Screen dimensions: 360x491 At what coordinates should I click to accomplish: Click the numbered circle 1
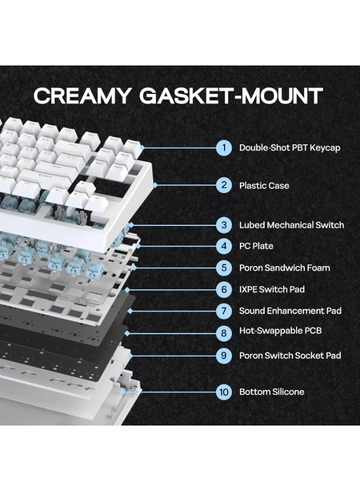224,147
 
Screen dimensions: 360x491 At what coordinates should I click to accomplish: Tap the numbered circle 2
224,185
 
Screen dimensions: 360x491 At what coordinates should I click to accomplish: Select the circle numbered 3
224,225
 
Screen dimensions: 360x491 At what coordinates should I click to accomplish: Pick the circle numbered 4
224,246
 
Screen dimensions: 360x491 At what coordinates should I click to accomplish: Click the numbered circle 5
224,268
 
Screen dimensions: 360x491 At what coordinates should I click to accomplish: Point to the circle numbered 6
224,289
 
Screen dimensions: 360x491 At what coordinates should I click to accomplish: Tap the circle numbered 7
224,311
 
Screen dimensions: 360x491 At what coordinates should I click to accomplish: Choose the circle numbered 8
224,333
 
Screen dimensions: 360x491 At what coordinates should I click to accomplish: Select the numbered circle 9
224,356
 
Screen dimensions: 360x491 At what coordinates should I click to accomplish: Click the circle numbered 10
224,392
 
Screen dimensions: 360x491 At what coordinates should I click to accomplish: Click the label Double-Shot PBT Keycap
290,148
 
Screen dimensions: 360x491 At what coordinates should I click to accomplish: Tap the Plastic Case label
264,185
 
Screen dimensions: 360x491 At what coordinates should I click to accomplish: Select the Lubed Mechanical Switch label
291,225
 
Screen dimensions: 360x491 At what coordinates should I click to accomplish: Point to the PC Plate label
256,246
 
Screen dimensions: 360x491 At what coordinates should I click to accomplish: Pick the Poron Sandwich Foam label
285,268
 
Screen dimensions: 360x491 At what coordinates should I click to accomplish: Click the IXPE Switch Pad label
272,289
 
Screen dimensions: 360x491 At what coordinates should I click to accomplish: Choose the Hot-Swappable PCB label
280,331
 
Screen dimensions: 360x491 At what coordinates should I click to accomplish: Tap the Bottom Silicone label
272,392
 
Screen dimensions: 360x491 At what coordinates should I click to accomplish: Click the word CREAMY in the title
82,95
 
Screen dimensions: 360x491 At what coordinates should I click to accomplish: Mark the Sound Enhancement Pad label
290,311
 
